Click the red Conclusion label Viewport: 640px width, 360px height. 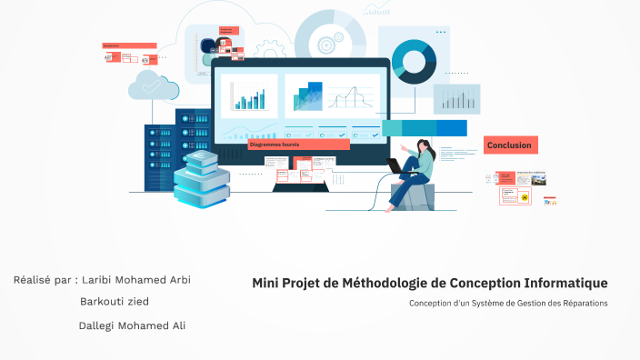[x=510, y=145]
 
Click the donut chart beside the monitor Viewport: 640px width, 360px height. [x=414, y=61]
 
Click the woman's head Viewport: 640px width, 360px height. [x=425, y=145]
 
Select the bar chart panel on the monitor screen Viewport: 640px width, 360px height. [x=248, y=95]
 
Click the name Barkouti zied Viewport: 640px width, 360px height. [x=115, y=302]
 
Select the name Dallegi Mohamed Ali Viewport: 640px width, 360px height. [x=132, y=325]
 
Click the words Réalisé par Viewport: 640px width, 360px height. [x=41, y=279]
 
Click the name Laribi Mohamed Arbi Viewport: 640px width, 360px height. [x=136, y=279]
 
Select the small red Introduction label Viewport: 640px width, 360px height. [x=128, y=45]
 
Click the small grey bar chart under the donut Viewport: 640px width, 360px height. [x=456, y=98]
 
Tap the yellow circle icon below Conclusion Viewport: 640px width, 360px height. [x=524, y=196]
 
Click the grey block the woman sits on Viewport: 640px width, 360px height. [x=412, y=196]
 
